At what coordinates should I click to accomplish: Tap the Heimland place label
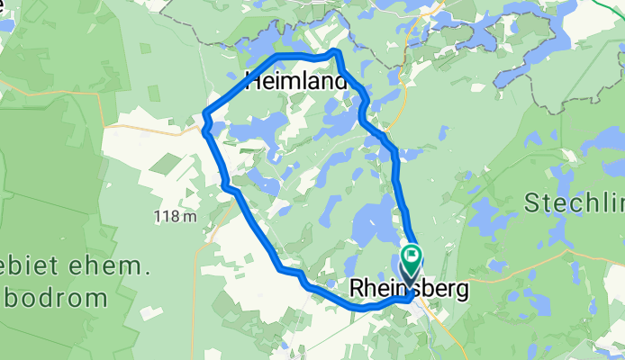(x=296, y=82)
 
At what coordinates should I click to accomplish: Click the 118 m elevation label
(x=176, y=217)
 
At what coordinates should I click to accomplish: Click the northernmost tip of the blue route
(x=337, y=51)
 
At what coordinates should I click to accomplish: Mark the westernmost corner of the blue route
(x=205, y=114)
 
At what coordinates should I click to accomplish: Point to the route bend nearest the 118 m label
(x=227, y=187)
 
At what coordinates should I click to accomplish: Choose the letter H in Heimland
(x=253, y=82)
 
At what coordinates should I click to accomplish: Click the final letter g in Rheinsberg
(x=462, y=292)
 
